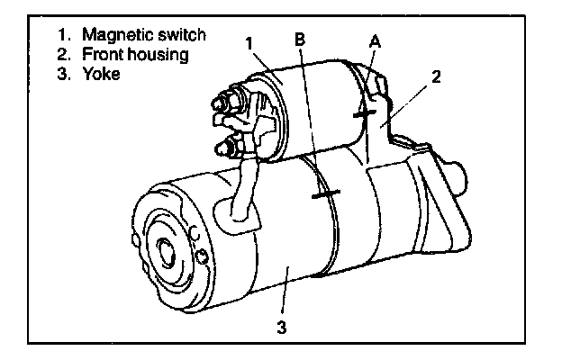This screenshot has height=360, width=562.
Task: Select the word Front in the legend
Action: (x=103, y=54)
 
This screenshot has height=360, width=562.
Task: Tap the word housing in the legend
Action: (x=159, y=55)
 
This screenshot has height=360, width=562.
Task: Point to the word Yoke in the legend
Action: (x=102, y=74)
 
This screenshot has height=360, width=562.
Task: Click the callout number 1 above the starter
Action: (x=249, y=44)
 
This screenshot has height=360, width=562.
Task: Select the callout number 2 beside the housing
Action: (x=436, y=76)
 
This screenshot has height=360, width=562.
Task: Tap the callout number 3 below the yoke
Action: (x=282, y=327)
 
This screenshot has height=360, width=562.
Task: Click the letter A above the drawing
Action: (x=375, y=41)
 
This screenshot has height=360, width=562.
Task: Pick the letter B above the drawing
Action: (x=300, y=39)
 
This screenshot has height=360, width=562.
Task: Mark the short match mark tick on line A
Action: (x=365, y=114)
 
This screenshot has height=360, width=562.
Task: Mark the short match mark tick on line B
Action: (x=326, y=194)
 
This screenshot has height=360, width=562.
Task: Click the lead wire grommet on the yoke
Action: (x=237, y=215)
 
